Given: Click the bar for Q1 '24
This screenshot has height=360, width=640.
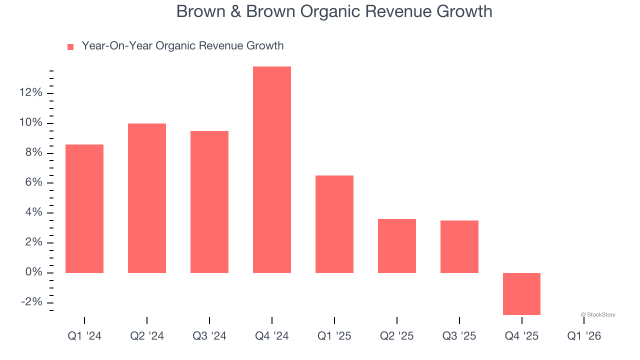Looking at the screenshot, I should pyautogui.click(x=84, y=208).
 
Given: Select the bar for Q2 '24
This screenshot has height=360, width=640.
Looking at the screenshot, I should pyautogui.click(x=147, y=198).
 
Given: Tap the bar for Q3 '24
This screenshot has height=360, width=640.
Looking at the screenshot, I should pyautogui.click(x=209, y=202).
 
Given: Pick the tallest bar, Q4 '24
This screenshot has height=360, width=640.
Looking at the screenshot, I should pyautogui.click(x=272, y=169).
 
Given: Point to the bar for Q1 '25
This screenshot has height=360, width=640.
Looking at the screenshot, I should pyautogui.click(x=334, y=224).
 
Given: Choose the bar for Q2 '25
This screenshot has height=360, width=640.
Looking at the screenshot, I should pyautogui.click(x=397, y=246).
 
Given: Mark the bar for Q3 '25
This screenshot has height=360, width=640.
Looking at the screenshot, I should pyautogui.click(x=459, y=246).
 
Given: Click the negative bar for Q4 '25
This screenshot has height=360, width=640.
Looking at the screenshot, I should pyautogui.click(x=521, y=294).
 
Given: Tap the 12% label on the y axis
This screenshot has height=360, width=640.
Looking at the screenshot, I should pyautogui.click(x=30, y=93).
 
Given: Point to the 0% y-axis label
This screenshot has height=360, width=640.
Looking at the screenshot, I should pyautogui.click(x=33, y=272).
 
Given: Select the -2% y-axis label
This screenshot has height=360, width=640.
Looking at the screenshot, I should pyautogui.click(x=31, y=302).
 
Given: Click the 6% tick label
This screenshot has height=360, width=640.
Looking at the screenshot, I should pyautogui.click(x=33, y=182).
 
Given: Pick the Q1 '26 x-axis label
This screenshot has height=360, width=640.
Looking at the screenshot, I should pyautogui.click(x=584, y=336).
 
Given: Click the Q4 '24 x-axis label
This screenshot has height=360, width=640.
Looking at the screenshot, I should pyautogui.click(x=272, y=336).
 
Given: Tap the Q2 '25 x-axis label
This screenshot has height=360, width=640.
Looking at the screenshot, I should pyautogui.click(x=397, y=336).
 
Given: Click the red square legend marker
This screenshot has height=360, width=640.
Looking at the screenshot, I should pyautogui.click(x=70, y=46).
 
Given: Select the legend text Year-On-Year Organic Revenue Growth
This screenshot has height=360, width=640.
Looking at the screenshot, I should pyautogui.click(x=182, y=46).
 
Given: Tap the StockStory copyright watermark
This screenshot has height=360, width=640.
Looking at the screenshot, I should pyautogui.click(x=598, y=314).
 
